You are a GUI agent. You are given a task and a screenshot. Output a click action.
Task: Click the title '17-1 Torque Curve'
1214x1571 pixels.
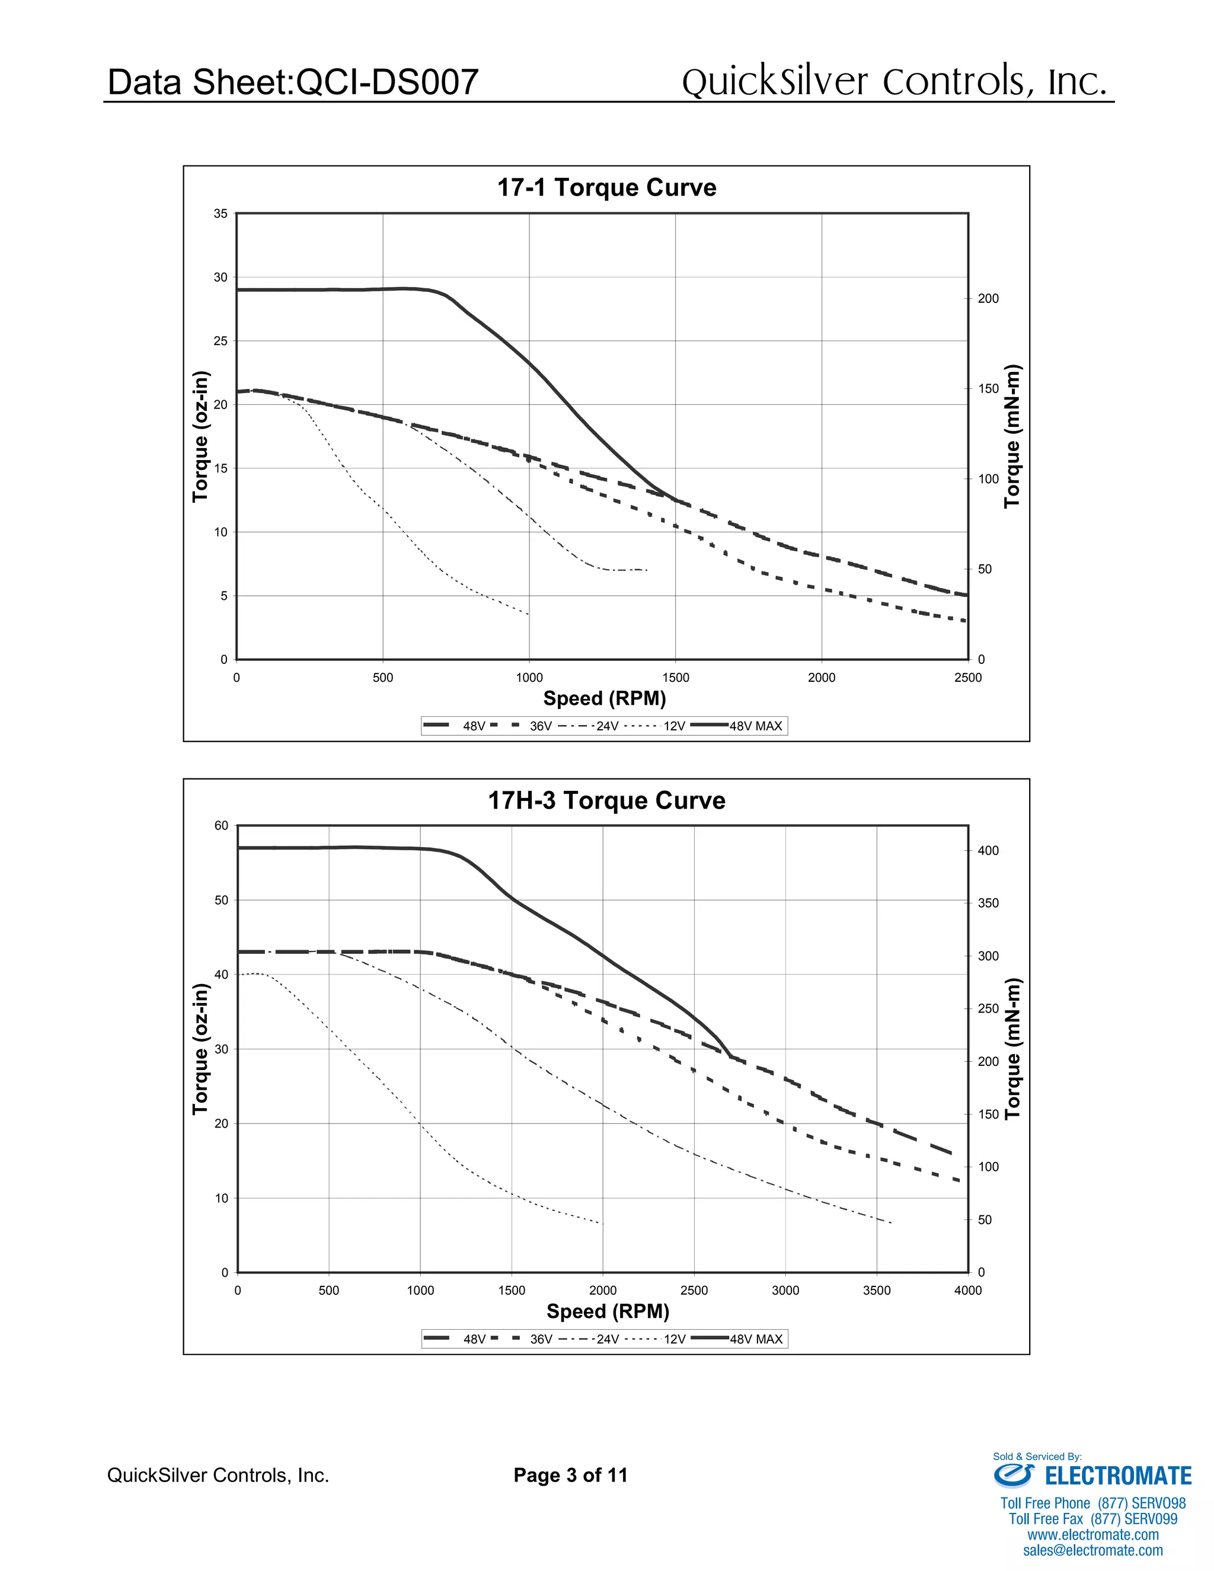(606, 188)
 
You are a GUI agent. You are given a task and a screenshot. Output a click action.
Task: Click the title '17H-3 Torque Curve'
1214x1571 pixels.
(606, 800)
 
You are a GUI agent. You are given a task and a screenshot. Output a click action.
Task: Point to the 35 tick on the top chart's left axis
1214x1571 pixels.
(220, 213)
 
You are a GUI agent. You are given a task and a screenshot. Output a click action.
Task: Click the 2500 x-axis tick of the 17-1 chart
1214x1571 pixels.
(967, 678)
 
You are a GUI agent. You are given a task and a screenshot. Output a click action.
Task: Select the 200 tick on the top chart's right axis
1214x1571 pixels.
(988, 299)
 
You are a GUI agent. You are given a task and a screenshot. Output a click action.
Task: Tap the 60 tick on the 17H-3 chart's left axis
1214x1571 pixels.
(221, 826)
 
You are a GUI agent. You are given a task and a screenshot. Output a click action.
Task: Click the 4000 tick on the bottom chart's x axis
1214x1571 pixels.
(967, 1291)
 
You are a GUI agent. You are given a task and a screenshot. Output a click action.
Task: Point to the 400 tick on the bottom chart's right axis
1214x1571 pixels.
(988, 851)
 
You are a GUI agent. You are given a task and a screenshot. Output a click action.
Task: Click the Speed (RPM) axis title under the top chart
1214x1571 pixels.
(604, 698)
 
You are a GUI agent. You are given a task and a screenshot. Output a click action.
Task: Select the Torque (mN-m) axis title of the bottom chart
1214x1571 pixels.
(1012, 1049)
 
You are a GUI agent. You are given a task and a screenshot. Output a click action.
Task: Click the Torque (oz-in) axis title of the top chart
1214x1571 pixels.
(201, 437)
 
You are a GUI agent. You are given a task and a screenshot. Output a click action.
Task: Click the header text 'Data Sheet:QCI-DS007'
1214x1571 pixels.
(293, 82)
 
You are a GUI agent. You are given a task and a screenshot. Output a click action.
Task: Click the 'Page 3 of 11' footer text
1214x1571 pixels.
(570, 1476)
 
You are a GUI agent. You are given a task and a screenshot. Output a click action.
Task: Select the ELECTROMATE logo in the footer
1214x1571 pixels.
(1092, 1476)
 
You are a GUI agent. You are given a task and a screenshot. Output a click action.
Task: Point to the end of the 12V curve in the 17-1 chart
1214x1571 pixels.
(529, 614)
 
